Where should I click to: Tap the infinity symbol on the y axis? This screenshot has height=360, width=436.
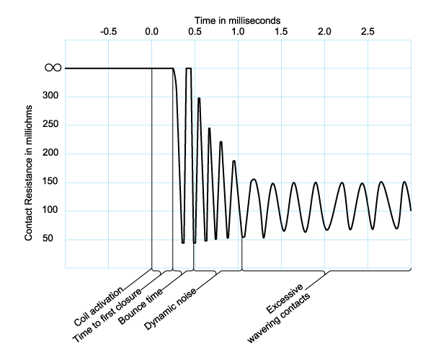[x=53, y=68]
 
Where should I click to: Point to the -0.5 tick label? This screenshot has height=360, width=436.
[x=108, y=32]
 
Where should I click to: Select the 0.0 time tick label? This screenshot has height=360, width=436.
[x=151, y=32]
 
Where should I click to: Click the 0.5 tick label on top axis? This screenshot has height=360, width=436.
[x=195, y=32]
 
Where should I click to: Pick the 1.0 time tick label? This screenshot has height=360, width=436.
[x=238, y=32]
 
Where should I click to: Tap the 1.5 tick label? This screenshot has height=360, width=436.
[x=281, y=32]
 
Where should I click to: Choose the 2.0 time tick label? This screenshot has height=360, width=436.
[x=325, y=32]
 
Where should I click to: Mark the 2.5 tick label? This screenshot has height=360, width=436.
[x=368, y=32]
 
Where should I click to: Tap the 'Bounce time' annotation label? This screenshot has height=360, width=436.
[x=143, y=305]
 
